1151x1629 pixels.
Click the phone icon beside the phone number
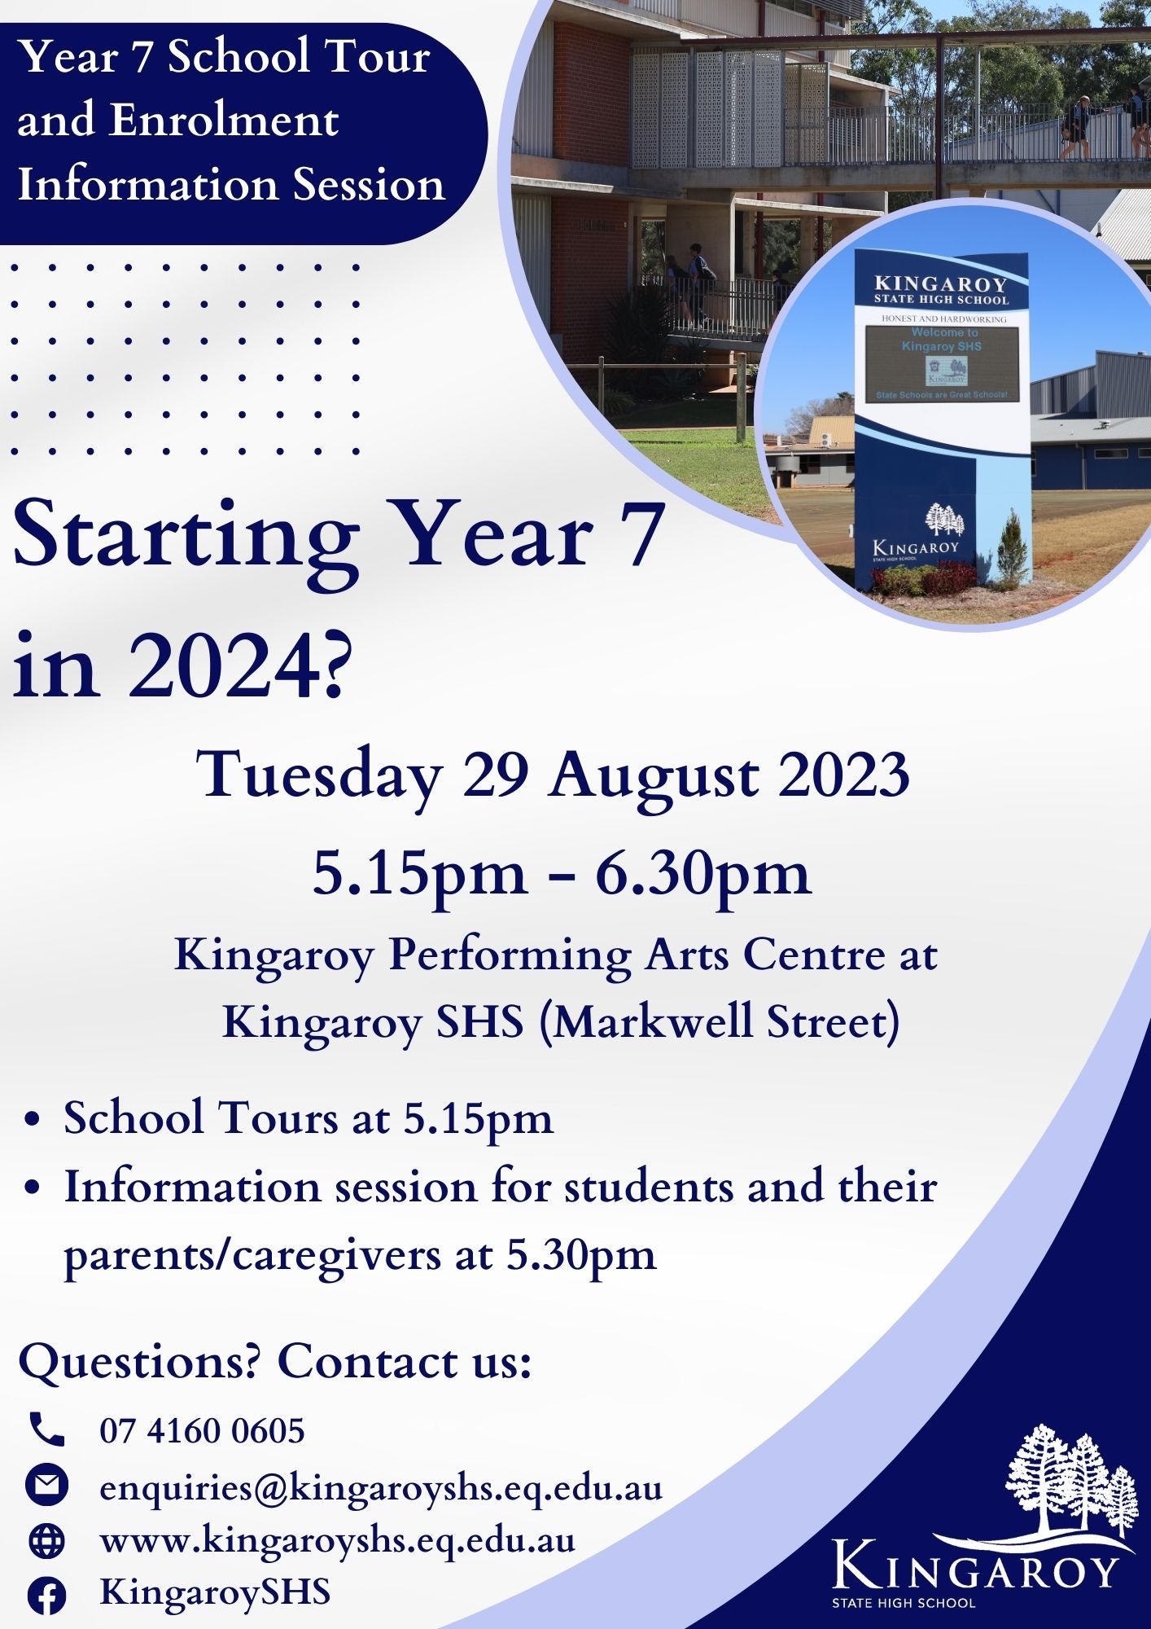pyautogui.click(x=47, y=1429)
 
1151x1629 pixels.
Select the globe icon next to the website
pyautogui.click(x=47, y=1540)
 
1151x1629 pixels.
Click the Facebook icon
pyautogui.click(x=47, y=1596)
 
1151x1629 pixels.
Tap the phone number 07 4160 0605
pyautogui.click(x=202, y=1430)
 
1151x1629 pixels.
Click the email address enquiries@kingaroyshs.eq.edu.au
pyautogui.click(x=381, y=1487)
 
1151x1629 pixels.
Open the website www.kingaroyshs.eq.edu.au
pyautogui.click(x=337, y=1541)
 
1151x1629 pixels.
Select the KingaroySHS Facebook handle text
pyautogui.click(x=215, y=1592)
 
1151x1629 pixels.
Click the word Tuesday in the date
pyautogui.click(x=319, y=776)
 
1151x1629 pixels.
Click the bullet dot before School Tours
pyautogui.click(x=33, y=1120)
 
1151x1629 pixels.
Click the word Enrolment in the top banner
pyautogui.click(x=224, y=121)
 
